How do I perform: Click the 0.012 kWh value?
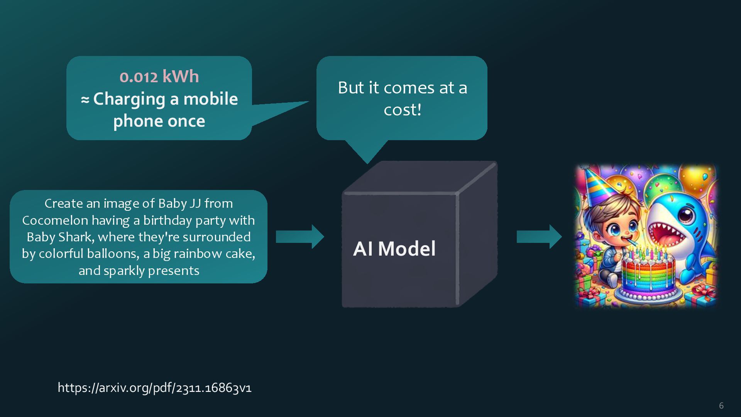[x=159, y=77]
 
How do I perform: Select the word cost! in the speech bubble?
[x=402, y=109]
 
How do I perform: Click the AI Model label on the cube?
[x=394, y=248]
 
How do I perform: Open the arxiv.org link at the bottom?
[x=154, y=387]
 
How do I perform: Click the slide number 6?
[x=721, y=405]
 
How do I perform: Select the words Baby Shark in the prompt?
[x=60, y=237]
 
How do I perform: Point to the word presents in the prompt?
[x=173, y=270]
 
